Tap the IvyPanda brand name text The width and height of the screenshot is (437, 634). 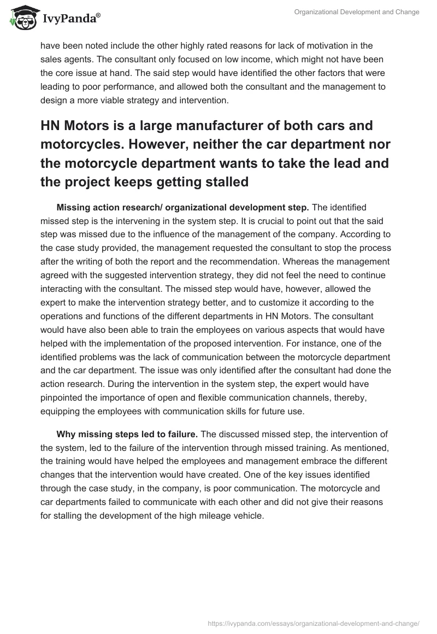click(x=68, y=20)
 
